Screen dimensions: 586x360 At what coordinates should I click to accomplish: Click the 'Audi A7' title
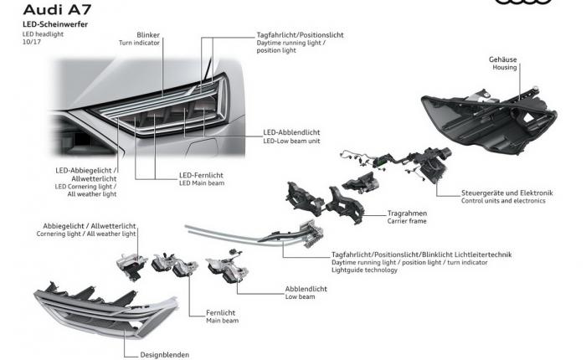(x=57, y=9)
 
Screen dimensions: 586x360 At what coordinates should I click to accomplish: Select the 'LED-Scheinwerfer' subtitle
(x=55, y=24)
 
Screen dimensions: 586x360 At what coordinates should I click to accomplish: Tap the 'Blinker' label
(x=148, y=35)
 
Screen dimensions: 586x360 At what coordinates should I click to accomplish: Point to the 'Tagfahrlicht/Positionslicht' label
(x=300, y=35)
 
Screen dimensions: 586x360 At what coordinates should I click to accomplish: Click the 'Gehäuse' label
(x=502, y=59)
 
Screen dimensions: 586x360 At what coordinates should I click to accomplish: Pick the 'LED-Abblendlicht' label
(x=291, y=132)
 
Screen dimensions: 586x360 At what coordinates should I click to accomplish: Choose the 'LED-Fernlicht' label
(x=201, y=175)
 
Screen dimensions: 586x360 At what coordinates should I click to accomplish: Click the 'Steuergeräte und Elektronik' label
(x=506, y=193)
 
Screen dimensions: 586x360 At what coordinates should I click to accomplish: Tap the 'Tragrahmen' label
(x=407, y=213)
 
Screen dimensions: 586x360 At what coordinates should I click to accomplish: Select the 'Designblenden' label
(x=164, y=355)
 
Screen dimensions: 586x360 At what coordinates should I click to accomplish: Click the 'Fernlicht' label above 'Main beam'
(x=220, y=312)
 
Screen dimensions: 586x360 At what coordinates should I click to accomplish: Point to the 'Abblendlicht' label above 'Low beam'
(x=306, y=289)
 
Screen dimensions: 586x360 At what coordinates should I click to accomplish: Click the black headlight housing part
(x=489, y=121)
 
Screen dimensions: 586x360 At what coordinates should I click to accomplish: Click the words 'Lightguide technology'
(x=364, y=270)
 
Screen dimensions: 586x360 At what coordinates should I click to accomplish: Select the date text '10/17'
(x=32, y=42)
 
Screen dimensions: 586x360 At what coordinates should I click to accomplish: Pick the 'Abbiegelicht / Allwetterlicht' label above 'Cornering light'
(x=90, y=226)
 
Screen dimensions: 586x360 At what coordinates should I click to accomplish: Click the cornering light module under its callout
(x=131, y=265)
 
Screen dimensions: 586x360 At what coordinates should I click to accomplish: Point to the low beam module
(x=227, y=267)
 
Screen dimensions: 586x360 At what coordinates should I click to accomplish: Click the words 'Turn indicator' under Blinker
(x=139, y=43)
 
